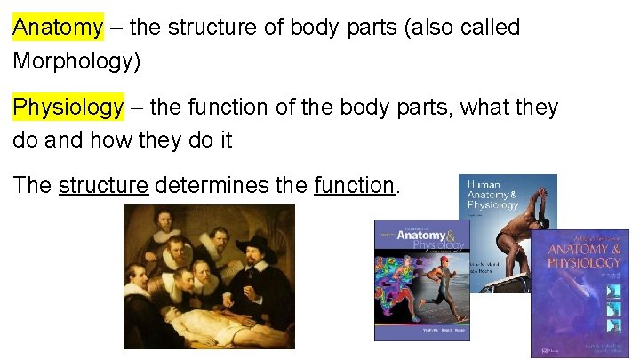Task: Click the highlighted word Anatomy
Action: (x=58, y=28)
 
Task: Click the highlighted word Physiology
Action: (x=68, y=108)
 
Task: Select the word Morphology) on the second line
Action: (x=76, y=62)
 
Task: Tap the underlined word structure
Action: (x=103, y=186)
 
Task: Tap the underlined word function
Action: (x=354, y=186)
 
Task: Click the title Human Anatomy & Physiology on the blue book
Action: (x=492, y=195)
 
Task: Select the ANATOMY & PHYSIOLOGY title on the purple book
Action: (x=584, y=256)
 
